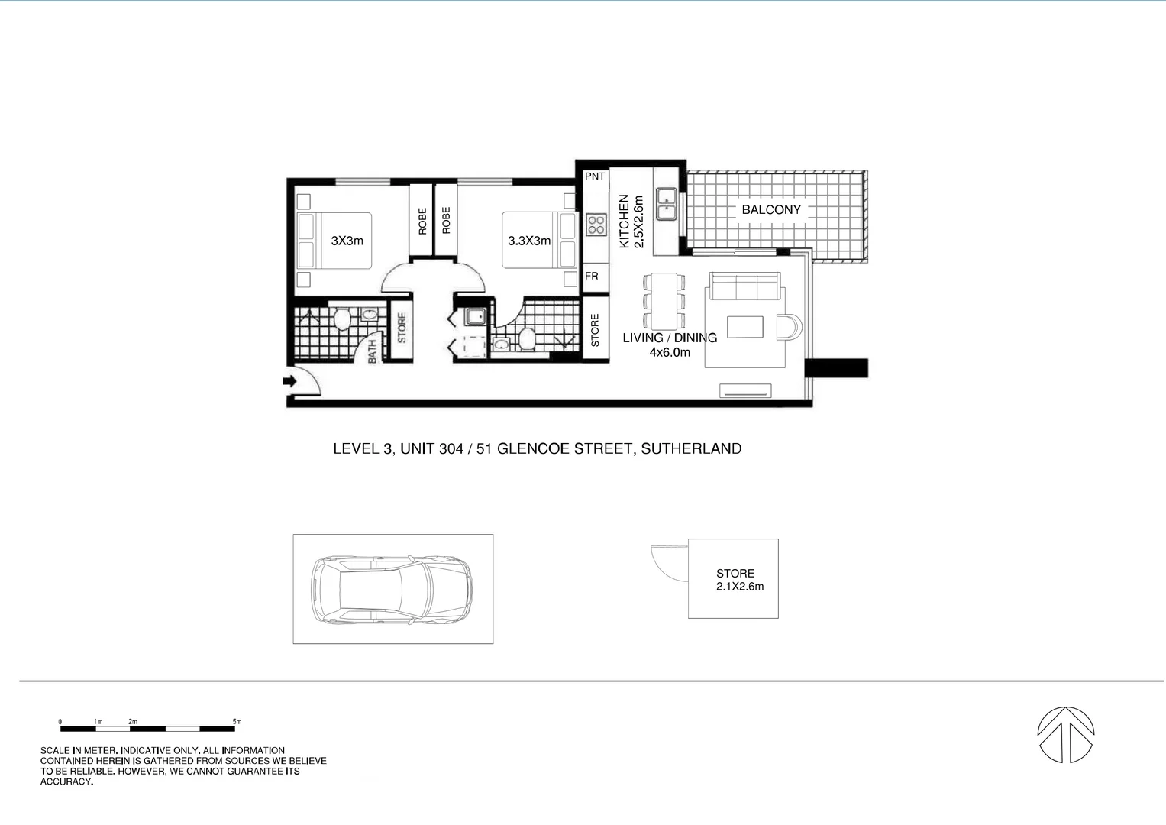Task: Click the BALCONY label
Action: [x=771, y=209]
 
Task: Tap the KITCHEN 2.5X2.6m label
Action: [x=631, y=221]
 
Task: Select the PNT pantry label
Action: [x=594, y=176]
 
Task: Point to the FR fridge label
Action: [x=592, y=276]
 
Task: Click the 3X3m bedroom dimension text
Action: [x=347, y=241]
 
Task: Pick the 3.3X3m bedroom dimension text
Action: [x=529, y=241]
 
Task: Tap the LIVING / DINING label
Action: [x=670, y=338]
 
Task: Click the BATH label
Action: [x=373, y=351]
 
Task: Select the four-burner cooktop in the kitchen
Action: [x=596, y=225]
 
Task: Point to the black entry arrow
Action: [x=290, y=380]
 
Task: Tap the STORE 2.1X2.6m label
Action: [x=738, y=580]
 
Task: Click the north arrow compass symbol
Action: [x=1066, y=734]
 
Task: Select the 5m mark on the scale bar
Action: [x=237, y=722]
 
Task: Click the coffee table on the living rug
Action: [x=745, y=327]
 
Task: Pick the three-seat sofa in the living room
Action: [x=745, y=288]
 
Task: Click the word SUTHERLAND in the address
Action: [x=691, y=448]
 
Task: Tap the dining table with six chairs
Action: [x=663, y=301]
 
